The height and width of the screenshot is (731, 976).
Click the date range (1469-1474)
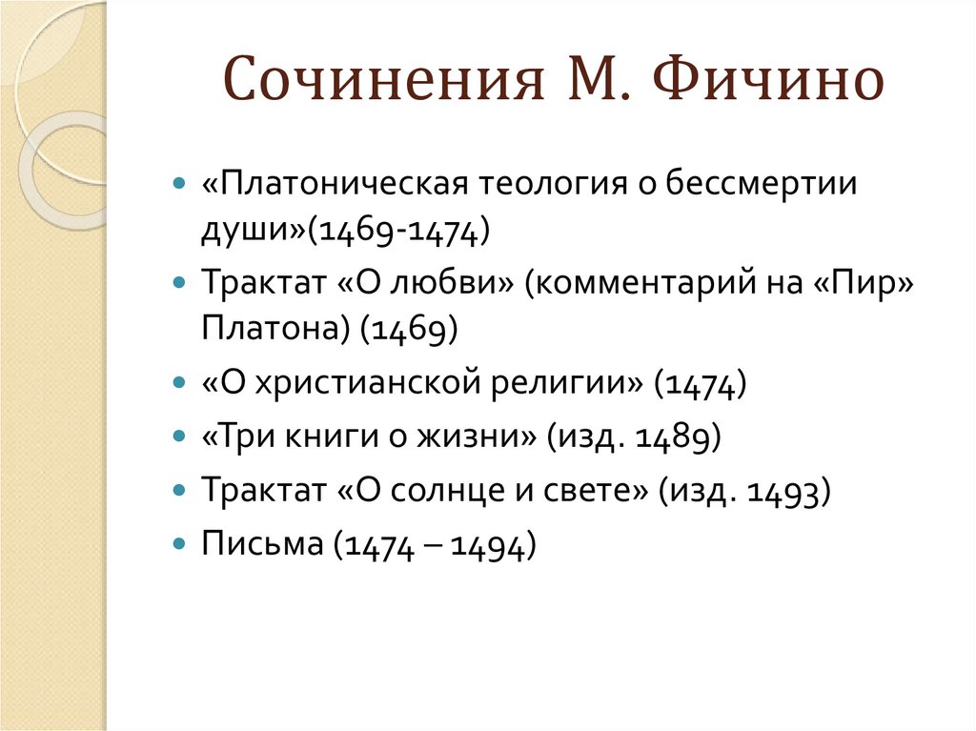pos(399,230)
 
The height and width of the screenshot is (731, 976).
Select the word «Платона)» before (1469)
pos(275,329)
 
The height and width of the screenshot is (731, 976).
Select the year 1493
pos(787,492)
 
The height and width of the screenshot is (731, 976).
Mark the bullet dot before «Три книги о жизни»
pos(180,436)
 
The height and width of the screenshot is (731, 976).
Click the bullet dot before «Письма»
pos(180,544)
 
